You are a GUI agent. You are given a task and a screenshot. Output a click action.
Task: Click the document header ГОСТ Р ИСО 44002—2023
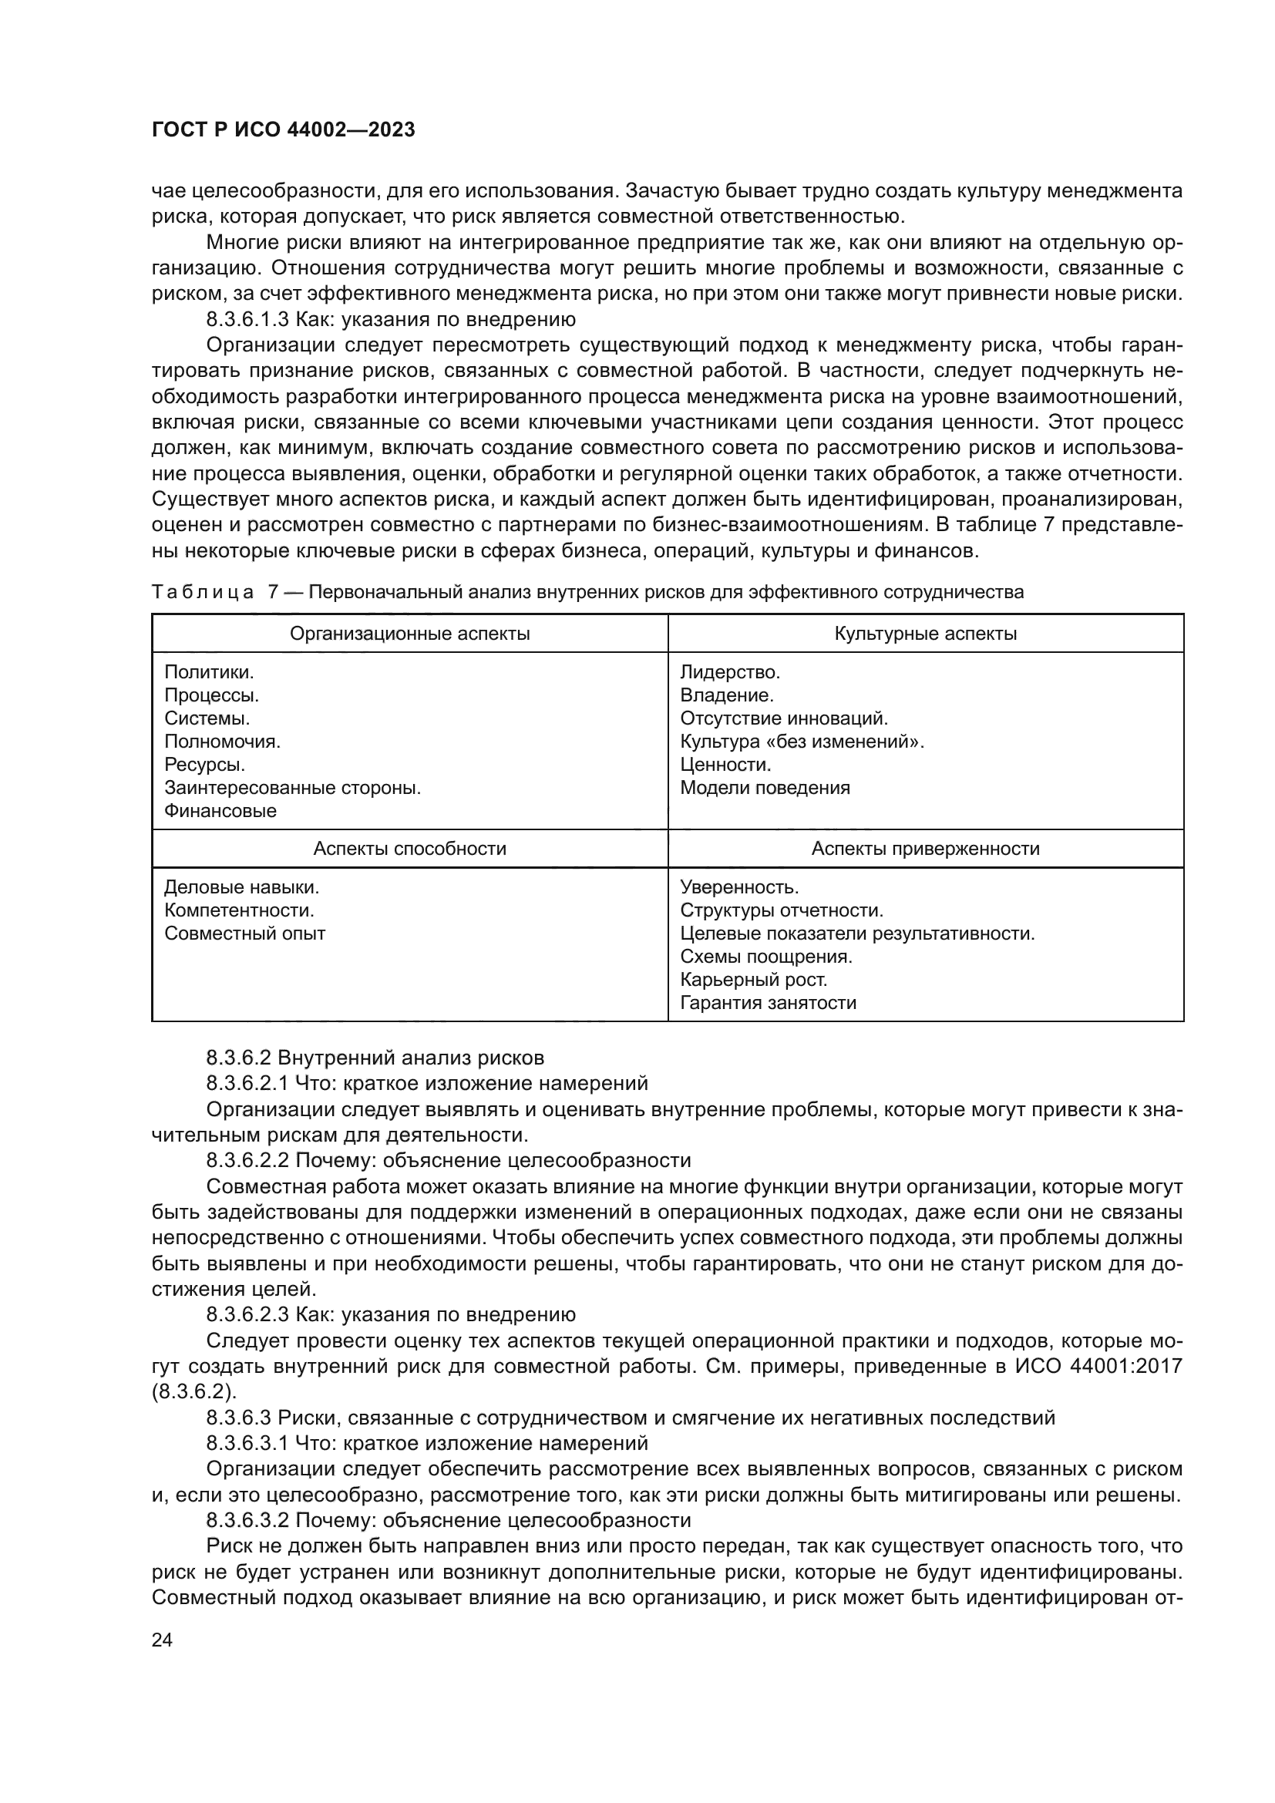coord(284,130)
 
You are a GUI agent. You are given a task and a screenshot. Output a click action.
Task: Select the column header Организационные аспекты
coord(410,634)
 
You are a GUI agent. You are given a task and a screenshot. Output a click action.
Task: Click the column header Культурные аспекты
coord(926,634)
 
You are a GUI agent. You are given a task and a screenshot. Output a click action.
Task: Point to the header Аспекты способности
coord(410,849)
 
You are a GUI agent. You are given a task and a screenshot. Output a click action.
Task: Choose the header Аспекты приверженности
coord(926,849)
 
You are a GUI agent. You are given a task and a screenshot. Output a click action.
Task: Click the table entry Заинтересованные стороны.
coord(293,788)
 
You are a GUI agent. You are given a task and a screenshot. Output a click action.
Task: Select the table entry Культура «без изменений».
coord(802,742)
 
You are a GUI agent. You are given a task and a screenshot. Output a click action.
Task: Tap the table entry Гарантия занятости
coord(768,1003)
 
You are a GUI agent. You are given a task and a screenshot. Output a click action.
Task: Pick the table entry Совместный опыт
coord(245,933)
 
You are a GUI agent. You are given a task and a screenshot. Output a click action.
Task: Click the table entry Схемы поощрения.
coord(766,957)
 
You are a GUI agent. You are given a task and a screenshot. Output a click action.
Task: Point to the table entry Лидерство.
coord(730,672)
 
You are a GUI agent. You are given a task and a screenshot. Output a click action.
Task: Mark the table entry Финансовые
coord(220,811)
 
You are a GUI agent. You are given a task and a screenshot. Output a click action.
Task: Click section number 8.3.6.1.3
coord(247,320)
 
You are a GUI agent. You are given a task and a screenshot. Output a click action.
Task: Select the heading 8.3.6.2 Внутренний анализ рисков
coord(375,1058)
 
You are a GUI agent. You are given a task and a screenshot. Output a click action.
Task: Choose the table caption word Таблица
coord(203,592)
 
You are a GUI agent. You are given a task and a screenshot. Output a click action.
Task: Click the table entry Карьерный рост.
coord(754,980)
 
